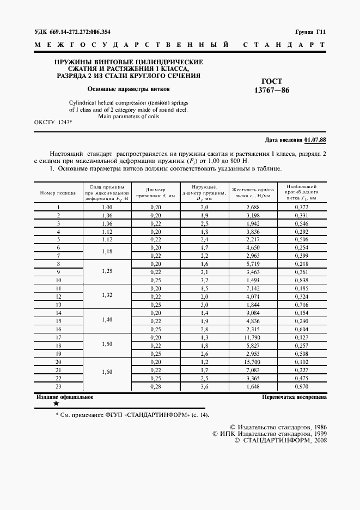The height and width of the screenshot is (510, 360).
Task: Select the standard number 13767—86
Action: pos(272,90)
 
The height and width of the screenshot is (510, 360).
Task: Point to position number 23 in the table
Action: pos(58,386)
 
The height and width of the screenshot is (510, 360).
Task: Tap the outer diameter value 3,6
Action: pos(204,386)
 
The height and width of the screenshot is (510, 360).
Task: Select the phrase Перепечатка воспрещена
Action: pos(294,397)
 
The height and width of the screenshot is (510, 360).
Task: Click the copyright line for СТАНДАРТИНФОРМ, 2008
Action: pos(280,440)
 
